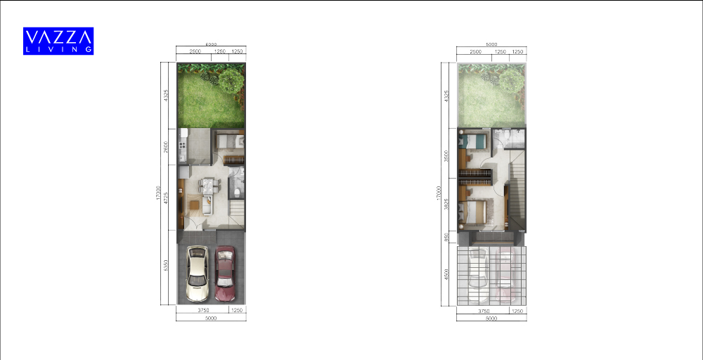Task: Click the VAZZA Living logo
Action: (58, 41)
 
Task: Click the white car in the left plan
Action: (197, 274)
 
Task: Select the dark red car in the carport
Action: (225, 274)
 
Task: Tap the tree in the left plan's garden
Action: (231, 79)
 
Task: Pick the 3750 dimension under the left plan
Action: (203, 310)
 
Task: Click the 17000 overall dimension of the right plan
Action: (438, 193)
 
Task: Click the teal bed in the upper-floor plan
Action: (475, 141)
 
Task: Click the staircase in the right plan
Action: (517, 193)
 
